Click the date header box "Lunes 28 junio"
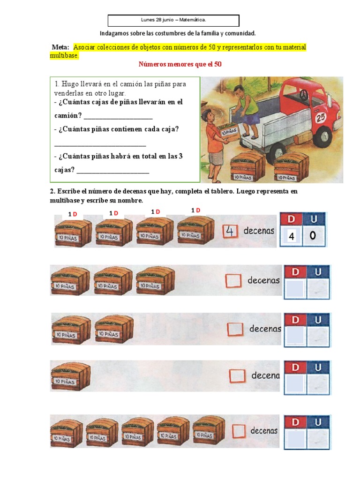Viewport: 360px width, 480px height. (173, 20)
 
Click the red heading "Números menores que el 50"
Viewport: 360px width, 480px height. (180, 64)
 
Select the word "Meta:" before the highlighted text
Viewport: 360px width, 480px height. (60, 47)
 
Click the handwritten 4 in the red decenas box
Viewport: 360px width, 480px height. (230, 231)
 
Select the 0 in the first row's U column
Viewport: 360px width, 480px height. (313, 236)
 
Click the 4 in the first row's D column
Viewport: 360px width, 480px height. (292, 237)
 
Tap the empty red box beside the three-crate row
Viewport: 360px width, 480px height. (232, 280)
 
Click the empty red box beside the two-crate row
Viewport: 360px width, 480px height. (235, 329)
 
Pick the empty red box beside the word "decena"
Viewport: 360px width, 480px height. (238, 375)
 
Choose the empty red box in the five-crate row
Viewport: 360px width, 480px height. (240, 430)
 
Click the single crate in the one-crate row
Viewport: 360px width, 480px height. (70, 376)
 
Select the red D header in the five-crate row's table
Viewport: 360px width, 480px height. (295, 422)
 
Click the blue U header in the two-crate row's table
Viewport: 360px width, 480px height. (318, 320)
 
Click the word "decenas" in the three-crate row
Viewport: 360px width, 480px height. (263, 281)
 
